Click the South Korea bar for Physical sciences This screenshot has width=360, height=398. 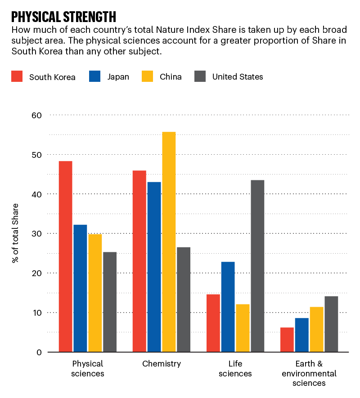[66, 256]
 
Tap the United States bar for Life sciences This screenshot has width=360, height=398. [257, 266]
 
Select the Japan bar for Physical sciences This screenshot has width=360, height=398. [80, 288]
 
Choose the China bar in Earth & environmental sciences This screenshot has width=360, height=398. [316, 329]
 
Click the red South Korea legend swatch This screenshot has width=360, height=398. [17, 76]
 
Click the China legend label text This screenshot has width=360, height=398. [171, 77]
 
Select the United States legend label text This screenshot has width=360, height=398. [238, 77]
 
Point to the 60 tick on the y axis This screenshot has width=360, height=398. [36, 115]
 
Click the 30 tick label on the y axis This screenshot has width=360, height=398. [36, 234]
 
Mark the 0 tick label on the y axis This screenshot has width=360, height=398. [39, 352]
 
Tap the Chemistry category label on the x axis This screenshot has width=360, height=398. [161, 364]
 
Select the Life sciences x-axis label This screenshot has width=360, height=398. [237, 369]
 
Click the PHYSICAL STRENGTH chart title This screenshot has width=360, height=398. [63, 17]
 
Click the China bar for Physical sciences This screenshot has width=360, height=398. [95, 293]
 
